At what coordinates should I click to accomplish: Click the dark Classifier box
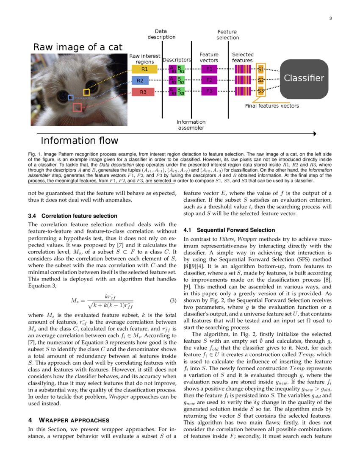coord(304,78)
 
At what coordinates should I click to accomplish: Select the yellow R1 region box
coord(144,69)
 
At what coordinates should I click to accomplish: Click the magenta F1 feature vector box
coord(209,69)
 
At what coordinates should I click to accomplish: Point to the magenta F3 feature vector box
coord(209,91)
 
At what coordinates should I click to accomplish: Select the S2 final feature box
coord(261,80)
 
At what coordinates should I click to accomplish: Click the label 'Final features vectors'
coord(272,106)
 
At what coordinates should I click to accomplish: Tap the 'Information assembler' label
coord(191,125)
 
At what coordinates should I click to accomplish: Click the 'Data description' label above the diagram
coord(161,34)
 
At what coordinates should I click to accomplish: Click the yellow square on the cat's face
coord(86,92)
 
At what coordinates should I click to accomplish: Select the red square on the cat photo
coord(77,108)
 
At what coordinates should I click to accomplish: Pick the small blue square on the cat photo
coord(71,97)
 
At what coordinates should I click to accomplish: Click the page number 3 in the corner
coord(330,18)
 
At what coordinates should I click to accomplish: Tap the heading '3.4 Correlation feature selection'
coord(72,216)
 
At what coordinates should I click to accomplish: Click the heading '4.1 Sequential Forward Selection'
coord(229,230)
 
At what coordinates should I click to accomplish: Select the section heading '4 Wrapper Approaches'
coord(69,420)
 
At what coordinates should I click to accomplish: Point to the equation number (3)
coord(173,301)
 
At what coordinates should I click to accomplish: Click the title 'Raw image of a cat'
coord(78,47)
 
